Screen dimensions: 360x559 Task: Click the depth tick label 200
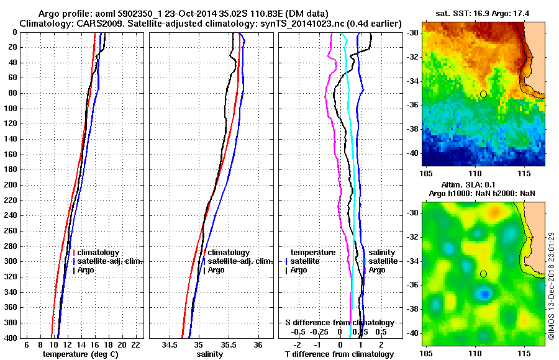(10, 185)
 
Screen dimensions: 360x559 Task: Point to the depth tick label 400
(10, 338)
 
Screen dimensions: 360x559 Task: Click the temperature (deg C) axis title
(80, 354)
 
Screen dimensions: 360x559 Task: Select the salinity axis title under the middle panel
(209, 354)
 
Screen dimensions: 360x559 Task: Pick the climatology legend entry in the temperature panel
(99, 253)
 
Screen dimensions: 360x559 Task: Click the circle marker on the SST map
(483, 94)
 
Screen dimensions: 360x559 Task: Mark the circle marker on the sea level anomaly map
(483, 274)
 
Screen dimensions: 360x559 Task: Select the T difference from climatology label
(339, 354)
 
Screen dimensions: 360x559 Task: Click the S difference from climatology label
(339, 323)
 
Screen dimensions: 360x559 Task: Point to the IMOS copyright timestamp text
(552, 286)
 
